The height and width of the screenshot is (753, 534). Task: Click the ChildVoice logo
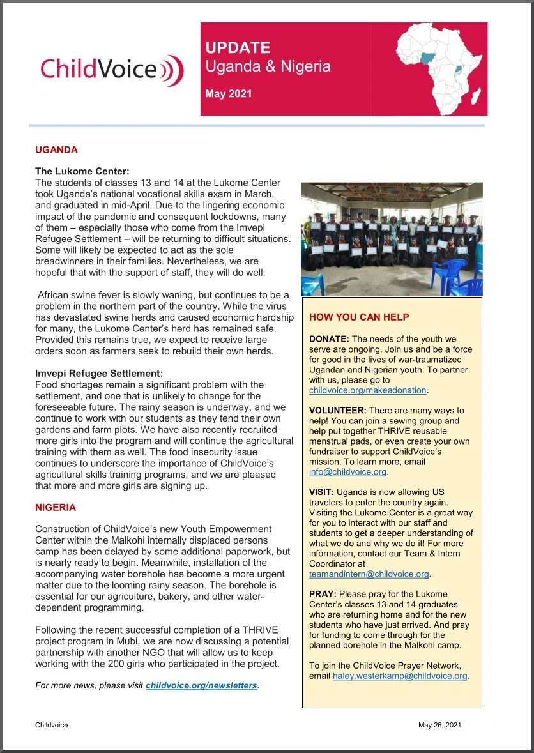[112, 69]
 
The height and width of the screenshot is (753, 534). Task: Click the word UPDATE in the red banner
[238, 48]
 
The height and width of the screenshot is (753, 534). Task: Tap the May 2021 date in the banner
[228, 94]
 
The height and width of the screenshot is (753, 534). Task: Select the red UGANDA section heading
[56, 150]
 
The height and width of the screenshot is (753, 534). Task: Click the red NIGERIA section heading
[56, 508]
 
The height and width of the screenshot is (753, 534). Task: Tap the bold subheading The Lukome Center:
[82, 171]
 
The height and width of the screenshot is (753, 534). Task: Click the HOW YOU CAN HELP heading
[359, 317]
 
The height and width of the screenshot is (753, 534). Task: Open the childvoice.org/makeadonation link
[367, 390]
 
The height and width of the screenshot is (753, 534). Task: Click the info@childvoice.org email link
[347, 473]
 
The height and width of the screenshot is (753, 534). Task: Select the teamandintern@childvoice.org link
[369, 574]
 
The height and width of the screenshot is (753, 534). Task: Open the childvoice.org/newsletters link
[201, 686]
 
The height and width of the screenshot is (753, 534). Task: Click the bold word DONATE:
[329, 338]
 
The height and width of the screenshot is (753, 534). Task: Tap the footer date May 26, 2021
[439, 725]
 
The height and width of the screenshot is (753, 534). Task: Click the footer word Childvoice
[52, 725]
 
